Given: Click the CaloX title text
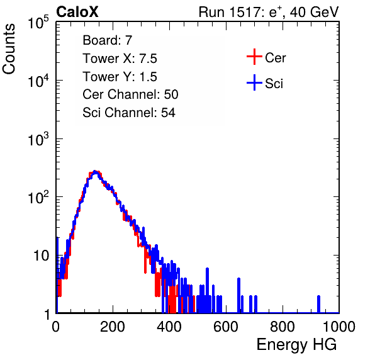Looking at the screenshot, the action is pos(77,12).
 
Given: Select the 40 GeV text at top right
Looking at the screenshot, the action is pos(314,12).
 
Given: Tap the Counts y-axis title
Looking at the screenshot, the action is pos(9,49).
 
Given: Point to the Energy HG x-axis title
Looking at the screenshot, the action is pos(296,345).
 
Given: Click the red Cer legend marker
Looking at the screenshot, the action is pos(254,57).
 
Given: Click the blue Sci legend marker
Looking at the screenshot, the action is pos(254,83).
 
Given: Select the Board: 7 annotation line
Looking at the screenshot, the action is pos(108,40).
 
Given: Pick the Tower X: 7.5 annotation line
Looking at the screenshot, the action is pos(120,59).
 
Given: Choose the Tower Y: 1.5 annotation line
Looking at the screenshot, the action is pos(120,77).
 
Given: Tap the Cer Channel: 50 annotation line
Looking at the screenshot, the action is pos(130,94).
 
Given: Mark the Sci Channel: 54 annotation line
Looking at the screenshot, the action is pos(129,113).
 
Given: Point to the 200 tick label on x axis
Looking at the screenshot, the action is pos(113,327).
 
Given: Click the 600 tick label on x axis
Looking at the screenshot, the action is pos(226,327).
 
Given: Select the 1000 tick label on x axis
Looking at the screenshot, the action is pos(339,327).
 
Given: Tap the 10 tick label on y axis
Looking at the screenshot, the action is pos(42,256).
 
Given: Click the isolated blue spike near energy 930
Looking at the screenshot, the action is pos(318,304).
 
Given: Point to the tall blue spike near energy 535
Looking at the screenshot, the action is pos(207,290).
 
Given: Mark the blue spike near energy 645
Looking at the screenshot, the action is pos(238,295).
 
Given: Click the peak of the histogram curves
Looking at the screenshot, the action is pos(95,172).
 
